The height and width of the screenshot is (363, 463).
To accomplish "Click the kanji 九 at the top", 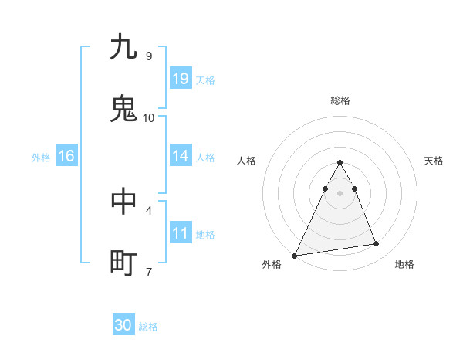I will pos(123,47).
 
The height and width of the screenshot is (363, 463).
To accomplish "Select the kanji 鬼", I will pos(123,109).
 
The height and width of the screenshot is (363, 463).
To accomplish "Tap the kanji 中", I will pos(123,202).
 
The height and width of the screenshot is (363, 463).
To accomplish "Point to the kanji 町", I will pos(123,263).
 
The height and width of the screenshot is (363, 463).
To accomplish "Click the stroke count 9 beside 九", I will pos(148,56).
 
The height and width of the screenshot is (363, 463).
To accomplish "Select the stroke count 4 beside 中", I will pos(148,210).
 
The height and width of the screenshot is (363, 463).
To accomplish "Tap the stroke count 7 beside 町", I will pos(148,272).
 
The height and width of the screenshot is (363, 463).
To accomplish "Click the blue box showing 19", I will pos(181,79).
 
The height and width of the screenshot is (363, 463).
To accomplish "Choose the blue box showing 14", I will pos(181,156).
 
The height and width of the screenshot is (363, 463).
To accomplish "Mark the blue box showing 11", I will pos(181,233).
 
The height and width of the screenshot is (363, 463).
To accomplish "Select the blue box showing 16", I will pos(66,156).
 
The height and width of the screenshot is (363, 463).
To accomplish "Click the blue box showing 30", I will pos(123,325).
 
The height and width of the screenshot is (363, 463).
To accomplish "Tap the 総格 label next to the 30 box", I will pos(148,327).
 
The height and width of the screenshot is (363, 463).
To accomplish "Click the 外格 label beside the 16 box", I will pos(41,158).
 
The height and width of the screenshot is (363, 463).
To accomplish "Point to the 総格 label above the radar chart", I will pos(340,100).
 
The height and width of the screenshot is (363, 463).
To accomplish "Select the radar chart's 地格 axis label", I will pos(404,265).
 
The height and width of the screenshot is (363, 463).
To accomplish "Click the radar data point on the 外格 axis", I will pos(294,255).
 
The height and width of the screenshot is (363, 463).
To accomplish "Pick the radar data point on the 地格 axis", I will pos(376,244).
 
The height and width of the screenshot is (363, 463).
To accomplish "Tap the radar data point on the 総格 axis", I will pos(340,163).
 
